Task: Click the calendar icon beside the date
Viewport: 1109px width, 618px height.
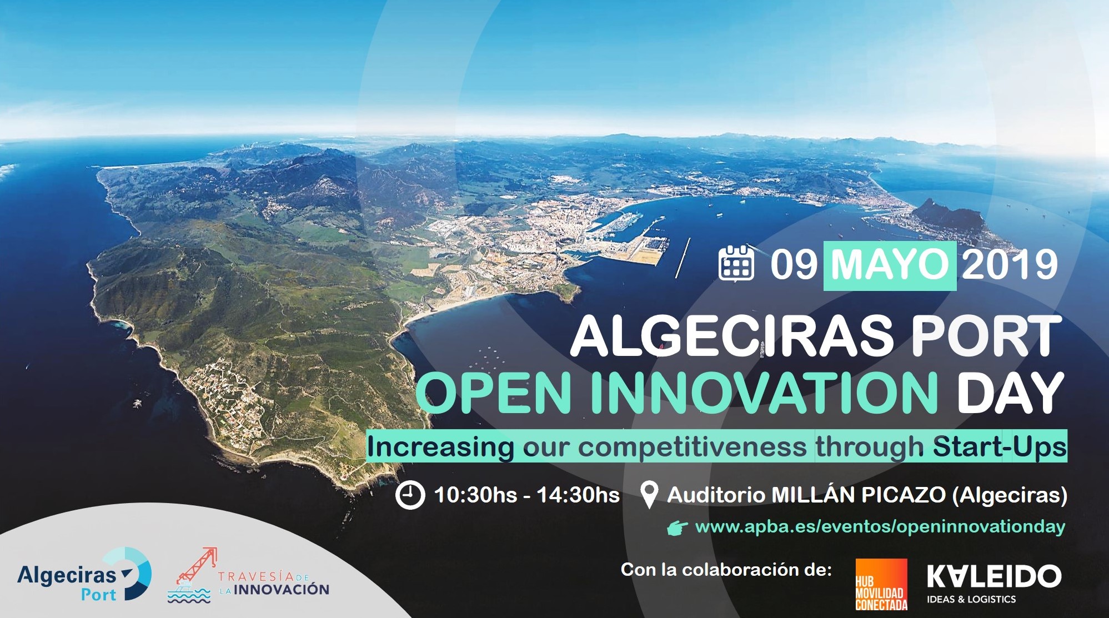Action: [x=736, y=263]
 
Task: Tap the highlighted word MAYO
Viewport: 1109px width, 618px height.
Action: [x=890, y=265]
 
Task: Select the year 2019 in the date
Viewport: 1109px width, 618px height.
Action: [x=1010, y=265]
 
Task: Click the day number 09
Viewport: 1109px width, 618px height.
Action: [x=794, y=265]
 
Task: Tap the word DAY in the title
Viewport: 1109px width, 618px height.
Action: [x=1009, y=392]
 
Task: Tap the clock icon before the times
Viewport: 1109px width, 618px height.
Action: [x=410, y=495]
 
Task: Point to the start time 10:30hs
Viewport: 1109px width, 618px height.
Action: [x=475, y=495]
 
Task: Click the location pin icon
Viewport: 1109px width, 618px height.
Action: [x=649, y=495]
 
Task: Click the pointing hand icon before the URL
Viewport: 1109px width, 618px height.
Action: [x=678, y=528]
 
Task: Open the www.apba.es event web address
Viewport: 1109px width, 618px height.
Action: [x=880, y=527]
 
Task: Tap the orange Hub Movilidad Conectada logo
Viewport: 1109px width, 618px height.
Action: [x=881, y=585]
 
